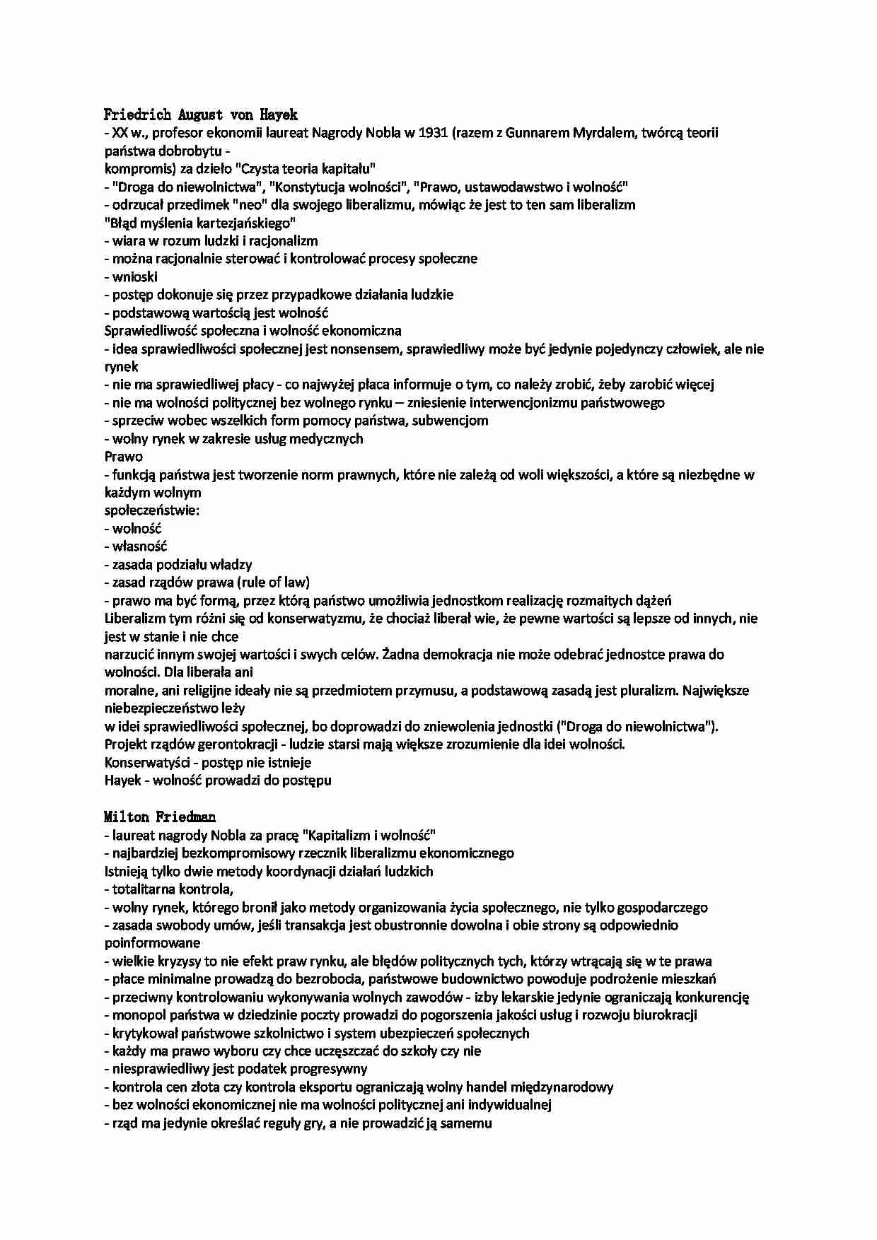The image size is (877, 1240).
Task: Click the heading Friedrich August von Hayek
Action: click(x=201, y=115)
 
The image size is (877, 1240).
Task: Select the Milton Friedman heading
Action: click(x=160, y=817)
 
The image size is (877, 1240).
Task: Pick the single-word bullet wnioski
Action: click(x=135, y=277)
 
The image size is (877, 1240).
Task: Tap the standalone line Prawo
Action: click(x=124, y=457)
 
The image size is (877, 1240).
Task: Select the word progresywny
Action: click(x=327, y=1069)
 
